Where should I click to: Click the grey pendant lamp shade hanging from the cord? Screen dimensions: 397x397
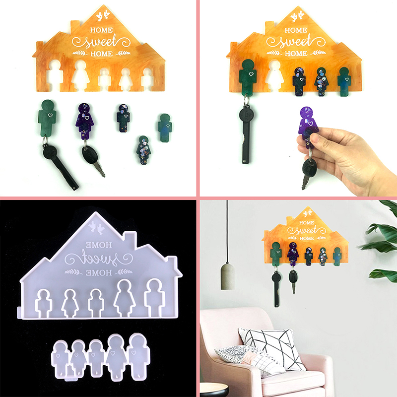pyautogui.click(x=227, y=276)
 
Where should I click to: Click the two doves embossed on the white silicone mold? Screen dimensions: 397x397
pyautogui.click(x=96, y=227)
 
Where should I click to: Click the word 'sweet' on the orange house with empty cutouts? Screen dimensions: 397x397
pyautogui.click(x=101, y=42)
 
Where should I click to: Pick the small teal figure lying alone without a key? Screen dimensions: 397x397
pyautogui.click(x=165, y=128)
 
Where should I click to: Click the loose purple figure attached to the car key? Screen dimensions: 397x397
pyautogui.click(x=84, y=121)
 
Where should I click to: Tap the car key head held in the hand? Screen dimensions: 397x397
pyautogui.click(x=309, y=168)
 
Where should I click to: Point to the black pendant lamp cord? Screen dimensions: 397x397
pyautogui.click(x=227, y=231)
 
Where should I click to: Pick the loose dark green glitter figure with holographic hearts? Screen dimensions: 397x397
pyautogui.click(x=143, y=150)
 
